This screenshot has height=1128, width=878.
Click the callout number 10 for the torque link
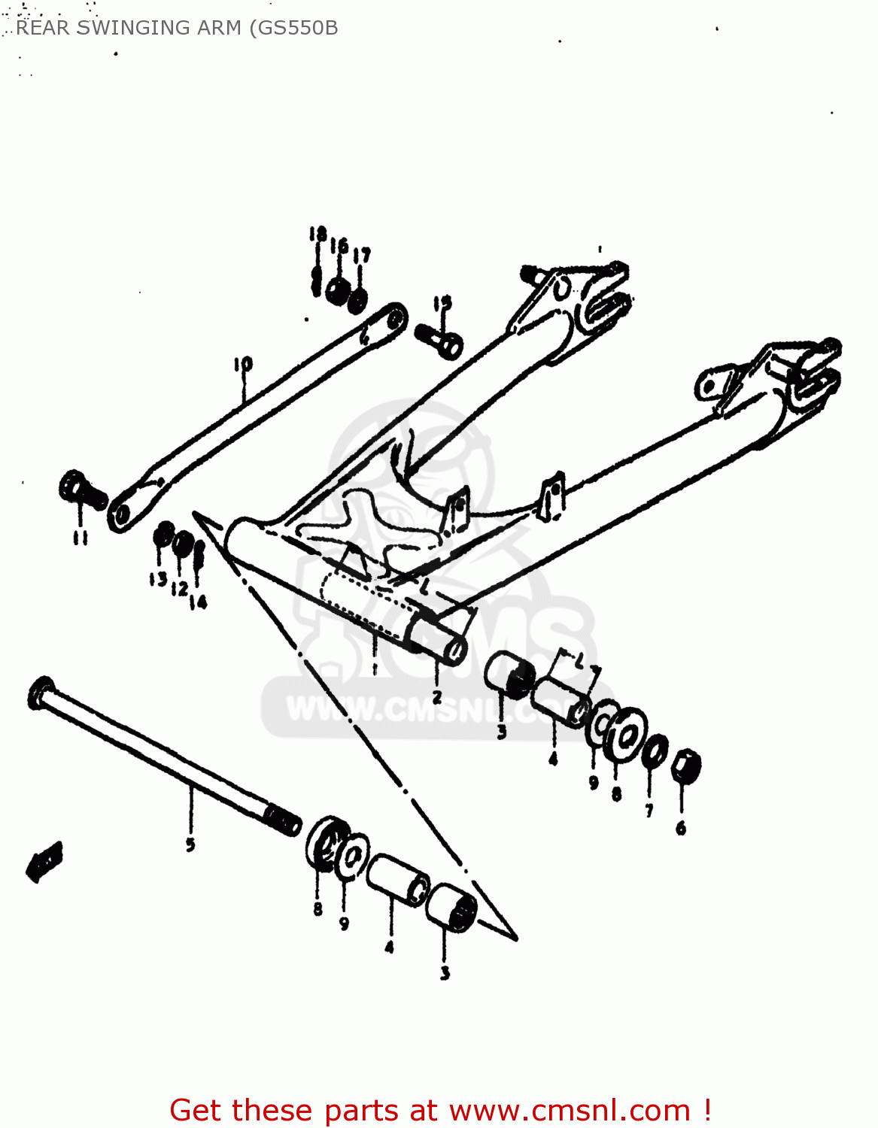point(242,365)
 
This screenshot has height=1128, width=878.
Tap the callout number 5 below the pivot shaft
point(190,844)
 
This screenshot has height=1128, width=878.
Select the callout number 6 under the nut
point(681,828)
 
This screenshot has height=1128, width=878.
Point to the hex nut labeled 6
point(685,766)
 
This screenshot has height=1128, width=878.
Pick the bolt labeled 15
point(440,339)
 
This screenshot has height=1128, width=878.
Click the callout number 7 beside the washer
point(649,810)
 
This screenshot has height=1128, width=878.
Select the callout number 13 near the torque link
point(157,579)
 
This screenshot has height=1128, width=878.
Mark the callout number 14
point(199,602)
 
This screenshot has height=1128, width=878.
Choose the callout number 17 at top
point(362,255)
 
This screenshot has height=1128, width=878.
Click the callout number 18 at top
point(317,234)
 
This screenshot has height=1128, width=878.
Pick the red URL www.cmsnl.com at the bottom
point(570,1110)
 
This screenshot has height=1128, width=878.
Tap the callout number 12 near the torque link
point(179,588)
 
